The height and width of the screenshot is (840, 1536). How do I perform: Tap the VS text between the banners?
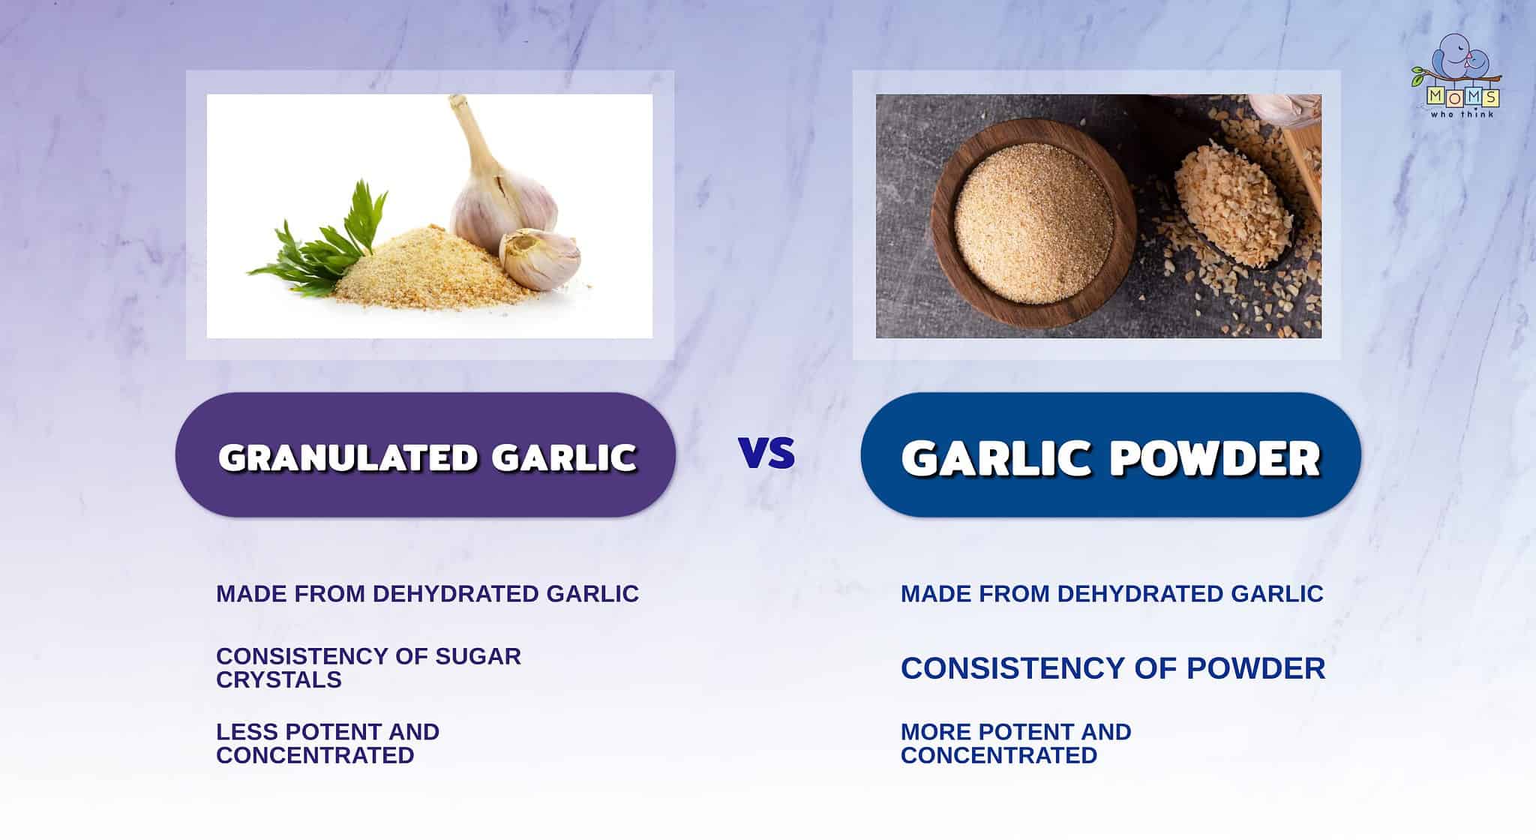click(766, 454)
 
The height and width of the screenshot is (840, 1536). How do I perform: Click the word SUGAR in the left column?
click(478, 656)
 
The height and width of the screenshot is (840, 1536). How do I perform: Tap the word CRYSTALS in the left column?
click(278, 679)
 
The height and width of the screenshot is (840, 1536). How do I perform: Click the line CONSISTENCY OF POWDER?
click(1112, 668)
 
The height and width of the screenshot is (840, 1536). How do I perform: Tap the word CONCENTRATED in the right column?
click(998, 754)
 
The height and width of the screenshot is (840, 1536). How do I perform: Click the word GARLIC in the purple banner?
click(564, 457)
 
